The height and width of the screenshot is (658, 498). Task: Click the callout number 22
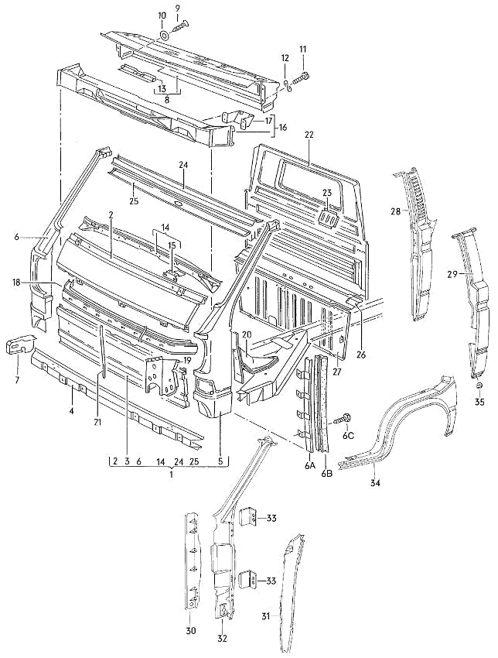[x=309, y=135]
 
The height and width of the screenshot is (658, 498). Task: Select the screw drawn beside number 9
[x=182, y=27]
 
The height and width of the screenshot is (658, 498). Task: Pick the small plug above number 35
[x=479, y=385]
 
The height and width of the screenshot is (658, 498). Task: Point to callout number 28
[x=395, y=211]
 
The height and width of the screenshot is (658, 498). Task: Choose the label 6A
[x=309, y=466]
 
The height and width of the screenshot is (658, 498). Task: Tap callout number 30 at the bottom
[x=190, y=631]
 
